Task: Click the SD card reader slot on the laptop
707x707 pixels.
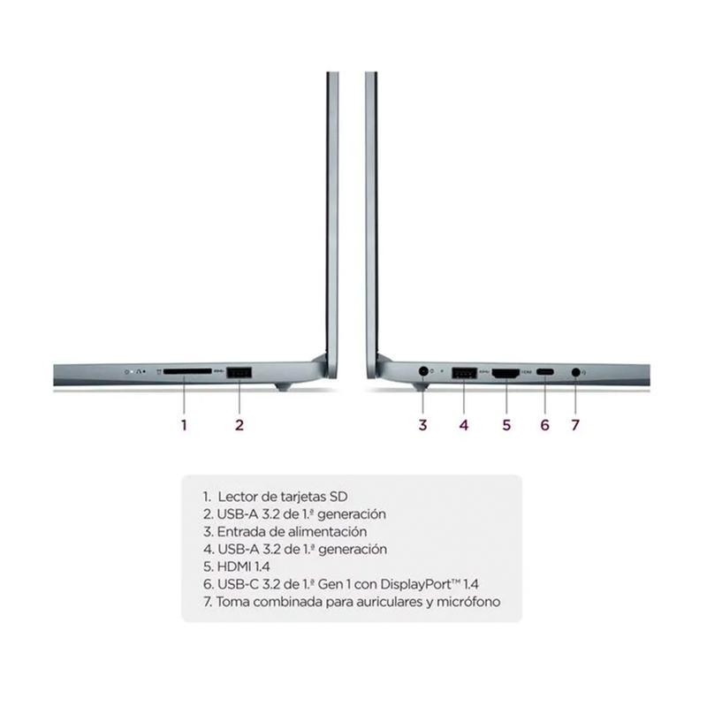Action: [x=187, y=371]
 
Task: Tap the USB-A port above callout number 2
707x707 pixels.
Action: [x=239, y=373]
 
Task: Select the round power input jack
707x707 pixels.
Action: [x=423, y=371]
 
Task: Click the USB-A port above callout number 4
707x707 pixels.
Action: [x=464, y=373]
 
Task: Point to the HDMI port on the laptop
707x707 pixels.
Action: [x=506, y=373]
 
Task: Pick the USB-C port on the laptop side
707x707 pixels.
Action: [x=545, y=372]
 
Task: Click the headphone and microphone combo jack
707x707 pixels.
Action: [x=575, y=372]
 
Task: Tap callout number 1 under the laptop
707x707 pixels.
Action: [x=184, y=425]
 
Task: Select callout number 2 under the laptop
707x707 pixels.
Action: [x=239, y=425]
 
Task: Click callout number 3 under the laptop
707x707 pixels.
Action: [x=422, y=425]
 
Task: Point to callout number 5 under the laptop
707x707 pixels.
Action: [x=506, y=425]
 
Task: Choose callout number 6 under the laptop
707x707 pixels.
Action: [x=545, y=425]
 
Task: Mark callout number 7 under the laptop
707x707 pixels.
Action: [x=575, y=425]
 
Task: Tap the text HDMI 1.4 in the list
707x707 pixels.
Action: [x=244, y=566]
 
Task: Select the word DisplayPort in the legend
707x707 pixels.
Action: [x=415, y=584]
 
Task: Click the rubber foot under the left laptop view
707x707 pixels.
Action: [x=282, y=387]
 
